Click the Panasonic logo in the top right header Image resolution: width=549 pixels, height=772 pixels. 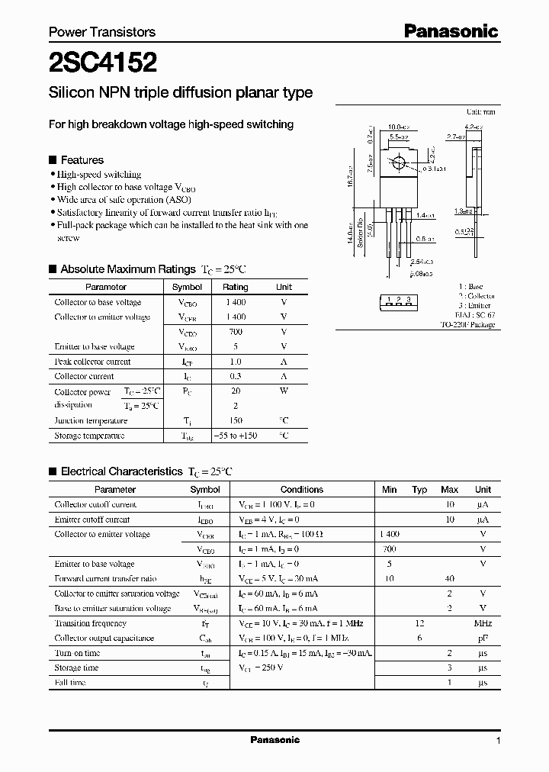click(451, 31)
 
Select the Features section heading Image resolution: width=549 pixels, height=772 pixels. click(82, 160)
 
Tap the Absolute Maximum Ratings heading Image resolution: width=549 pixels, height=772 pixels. click(128, 269)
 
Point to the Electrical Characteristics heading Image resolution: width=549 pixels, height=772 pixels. click(122, 471)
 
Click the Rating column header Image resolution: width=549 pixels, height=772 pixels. click(235, 287)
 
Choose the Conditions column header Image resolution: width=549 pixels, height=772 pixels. click(302, 490)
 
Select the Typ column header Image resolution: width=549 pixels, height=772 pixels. click(419, 490)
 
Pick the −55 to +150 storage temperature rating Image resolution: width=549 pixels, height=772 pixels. click(235, 436)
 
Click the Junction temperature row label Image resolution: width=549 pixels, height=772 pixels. click(91, 420)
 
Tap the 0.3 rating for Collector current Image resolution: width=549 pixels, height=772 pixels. click(235, 376)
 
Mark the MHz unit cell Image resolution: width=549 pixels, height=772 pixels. click(483, 623)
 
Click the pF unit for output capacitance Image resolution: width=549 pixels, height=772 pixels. click(483, 638)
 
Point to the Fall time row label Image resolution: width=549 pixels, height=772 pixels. click(70, 683)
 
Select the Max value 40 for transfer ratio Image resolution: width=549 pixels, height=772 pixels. click(450, 578)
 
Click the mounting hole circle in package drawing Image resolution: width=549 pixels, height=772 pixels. click(397, 163)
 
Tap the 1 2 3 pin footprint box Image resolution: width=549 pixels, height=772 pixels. click(399, 301)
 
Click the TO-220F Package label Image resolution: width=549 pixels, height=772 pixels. click(467, 325)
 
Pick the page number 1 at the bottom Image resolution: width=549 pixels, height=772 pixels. click(498, 741)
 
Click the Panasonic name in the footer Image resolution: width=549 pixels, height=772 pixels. click(275, 740)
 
